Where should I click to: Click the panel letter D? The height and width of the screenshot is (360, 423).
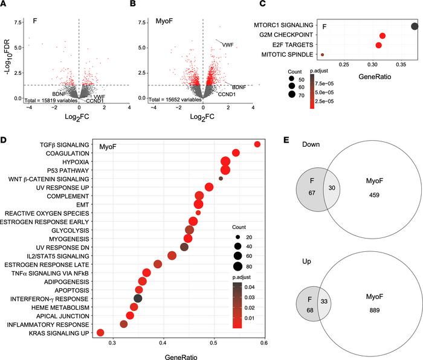coord(4,140)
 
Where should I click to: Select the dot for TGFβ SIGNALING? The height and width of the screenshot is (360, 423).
coord(257,144)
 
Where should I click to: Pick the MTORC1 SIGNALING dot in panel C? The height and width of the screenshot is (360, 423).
coord(415,26)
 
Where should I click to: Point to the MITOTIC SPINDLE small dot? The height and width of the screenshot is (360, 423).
coord(323,55)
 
